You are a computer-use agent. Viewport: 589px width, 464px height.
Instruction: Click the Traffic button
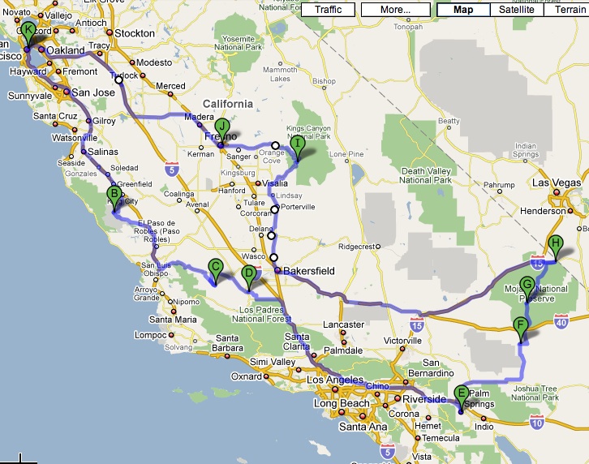point(328,10)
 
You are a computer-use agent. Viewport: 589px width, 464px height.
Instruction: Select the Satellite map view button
point(517,10)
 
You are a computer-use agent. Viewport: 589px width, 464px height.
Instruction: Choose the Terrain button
point(565,10)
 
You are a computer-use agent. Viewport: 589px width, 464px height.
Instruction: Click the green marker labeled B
point(114,195)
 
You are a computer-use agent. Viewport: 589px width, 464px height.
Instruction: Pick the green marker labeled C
point(216,267)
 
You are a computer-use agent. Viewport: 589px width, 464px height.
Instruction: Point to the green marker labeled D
point(249,276)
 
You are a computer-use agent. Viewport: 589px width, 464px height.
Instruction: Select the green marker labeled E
point(462,395)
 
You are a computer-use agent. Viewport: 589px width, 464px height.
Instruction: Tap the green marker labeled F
point(521,327)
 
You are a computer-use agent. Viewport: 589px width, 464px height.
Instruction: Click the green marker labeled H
point(556,244)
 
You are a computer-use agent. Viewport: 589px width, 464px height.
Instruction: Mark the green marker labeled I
point(298,145)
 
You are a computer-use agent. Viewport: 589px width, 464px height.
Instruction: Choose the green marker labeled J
point(221,127)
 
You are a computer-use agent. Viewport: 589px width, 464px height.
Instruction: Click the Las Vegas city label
point(557,183)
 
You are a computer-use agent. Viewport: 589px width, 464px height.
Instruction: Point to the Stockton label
point(134,33)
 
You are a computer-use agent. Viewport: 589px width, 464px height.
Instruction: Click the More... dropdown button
point(394,10)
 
